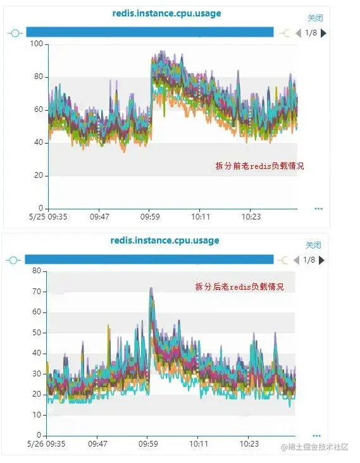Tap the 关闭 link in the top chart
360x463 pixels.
[314, 18]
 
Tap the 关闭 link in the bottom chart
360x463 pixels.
[313, 245]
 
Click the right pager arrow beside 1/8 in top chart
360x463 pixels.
[323, 32]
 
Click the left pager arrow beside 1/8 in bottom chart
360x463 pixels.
[298, 260]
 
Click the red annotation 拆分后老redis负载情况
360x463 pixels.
[239, 287]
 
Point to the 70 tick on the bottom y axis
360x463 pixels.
[36, 292]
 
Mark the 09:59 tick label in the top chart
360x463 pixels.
[149, 216]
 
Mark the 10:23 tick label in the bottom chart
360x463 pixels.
[251, 444]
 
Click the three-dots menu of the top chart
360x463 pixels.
[318, 208]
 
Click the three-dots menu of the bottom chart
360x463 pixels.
[316, 435]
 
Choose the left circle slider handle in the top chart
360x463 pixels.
[15, 32]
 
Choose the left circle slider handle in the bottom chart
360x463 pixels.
[13, 260]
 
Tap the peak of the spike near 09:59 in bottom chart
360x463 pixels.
[151, 289]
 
